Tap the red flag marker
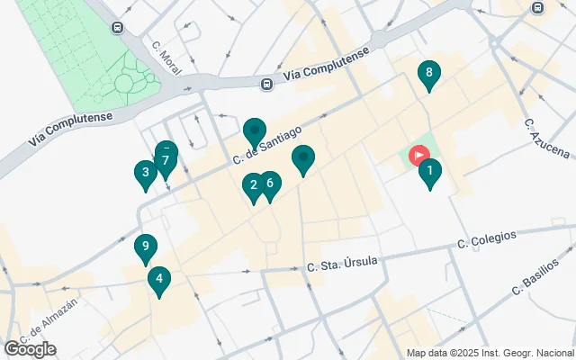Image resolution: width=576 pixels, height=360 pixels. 419,155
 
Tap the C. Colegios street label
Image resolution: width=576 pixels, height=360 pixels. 487,239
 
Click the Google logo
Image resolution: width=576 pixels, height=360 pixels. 30,348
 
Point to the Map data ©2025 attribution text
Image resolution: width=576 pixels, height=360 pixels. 490,354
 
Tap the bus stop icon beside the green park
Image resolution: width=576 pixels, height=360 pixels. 118,28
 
